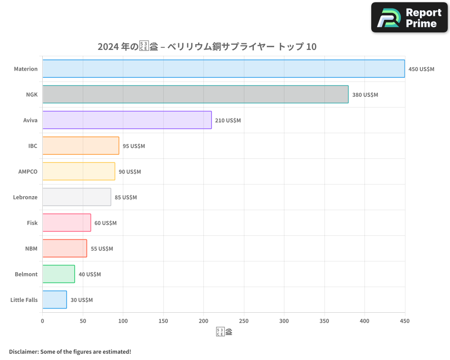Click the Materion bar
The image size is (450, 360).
click(x=224, y=69)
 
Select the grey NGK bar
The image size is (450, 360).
click(x=195, y=94)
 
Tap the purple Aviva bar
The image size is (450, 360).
click(x=127, y=120)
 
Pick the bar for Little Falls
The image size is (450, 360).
click(x=54, y=300)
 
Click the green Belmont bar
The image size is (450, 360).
click(x=58, y=274)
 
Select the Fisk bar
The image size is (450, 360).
click(x=67, y=223)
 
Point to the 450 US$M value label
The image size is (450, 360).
click(x=421, y=69)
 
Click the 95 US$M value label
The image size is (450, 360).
click(x=134, y=146)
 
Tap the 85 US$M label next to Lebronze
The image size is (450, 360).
click(x=126, y=198)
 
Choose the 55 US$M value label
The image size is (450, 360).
click(x=102, y=249)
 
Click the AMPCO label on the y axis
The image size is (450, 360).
click(x=28, y=172)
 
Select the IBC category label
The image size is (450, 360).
click(x=33, y=146)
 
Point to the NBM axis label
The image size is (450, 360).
click(x=31, y=249)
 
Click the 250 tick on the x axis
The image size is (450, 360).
click(x=244, y=321)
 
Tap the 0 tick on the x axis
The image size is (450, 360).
click(x=43, y=321)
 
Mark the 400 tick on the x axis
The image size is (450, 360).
click(x=364, y=321)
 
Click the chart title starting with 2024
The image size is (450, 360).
click(x=207, y=46)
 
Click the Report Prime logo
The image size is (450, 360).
click(x=409, y=18)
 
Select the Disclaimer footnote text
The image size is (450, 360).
click(x=70, y=351)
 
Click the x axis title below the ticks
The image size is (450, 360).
click(x=224, y=332)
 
